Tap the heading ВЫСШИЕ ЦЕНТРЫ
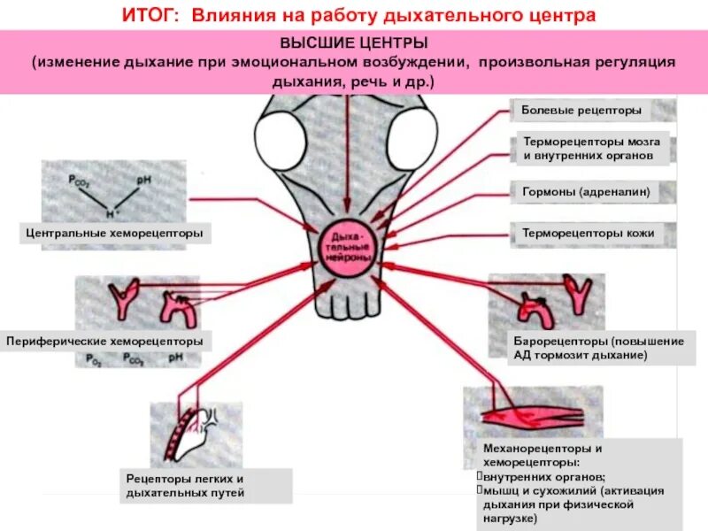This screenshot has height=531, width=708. (x=354, y=42)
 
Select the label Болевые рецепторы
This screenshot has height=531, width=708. (x=581, y=112)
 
